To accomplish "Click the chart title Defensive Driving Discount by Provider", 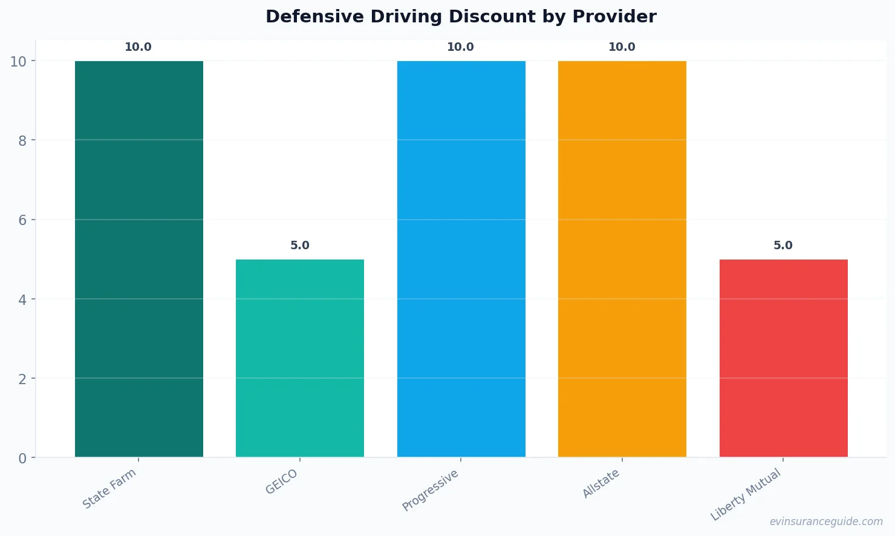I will coord(461,16).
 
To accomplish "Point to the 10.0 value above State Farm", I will coord(138,47).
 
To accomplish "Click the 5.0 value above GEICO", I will coord(299,246).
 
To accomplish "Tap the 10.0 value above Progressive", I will coord(460,47).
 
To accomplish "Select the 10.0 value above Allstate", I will coord(622,47).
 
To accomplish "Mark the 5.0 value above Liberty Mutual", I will coord(783,246).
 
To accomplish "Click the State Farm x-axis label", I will coord(109,489).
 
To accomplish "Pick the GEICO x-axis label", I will coord(282,482).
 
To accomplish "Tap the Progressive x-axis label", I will coord(431,490).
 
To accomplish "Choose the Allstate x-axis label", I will coord(601,483).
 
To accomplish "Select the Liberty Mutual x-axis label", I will coord(746,495).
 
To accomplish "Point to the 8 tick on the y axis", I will coord(22,141).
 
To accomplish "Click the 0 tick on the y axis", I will coord(22,459).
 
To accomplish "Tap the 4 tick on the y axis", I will coord(22,299).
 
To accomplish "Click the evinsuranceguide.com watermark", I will coord(826,521).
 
